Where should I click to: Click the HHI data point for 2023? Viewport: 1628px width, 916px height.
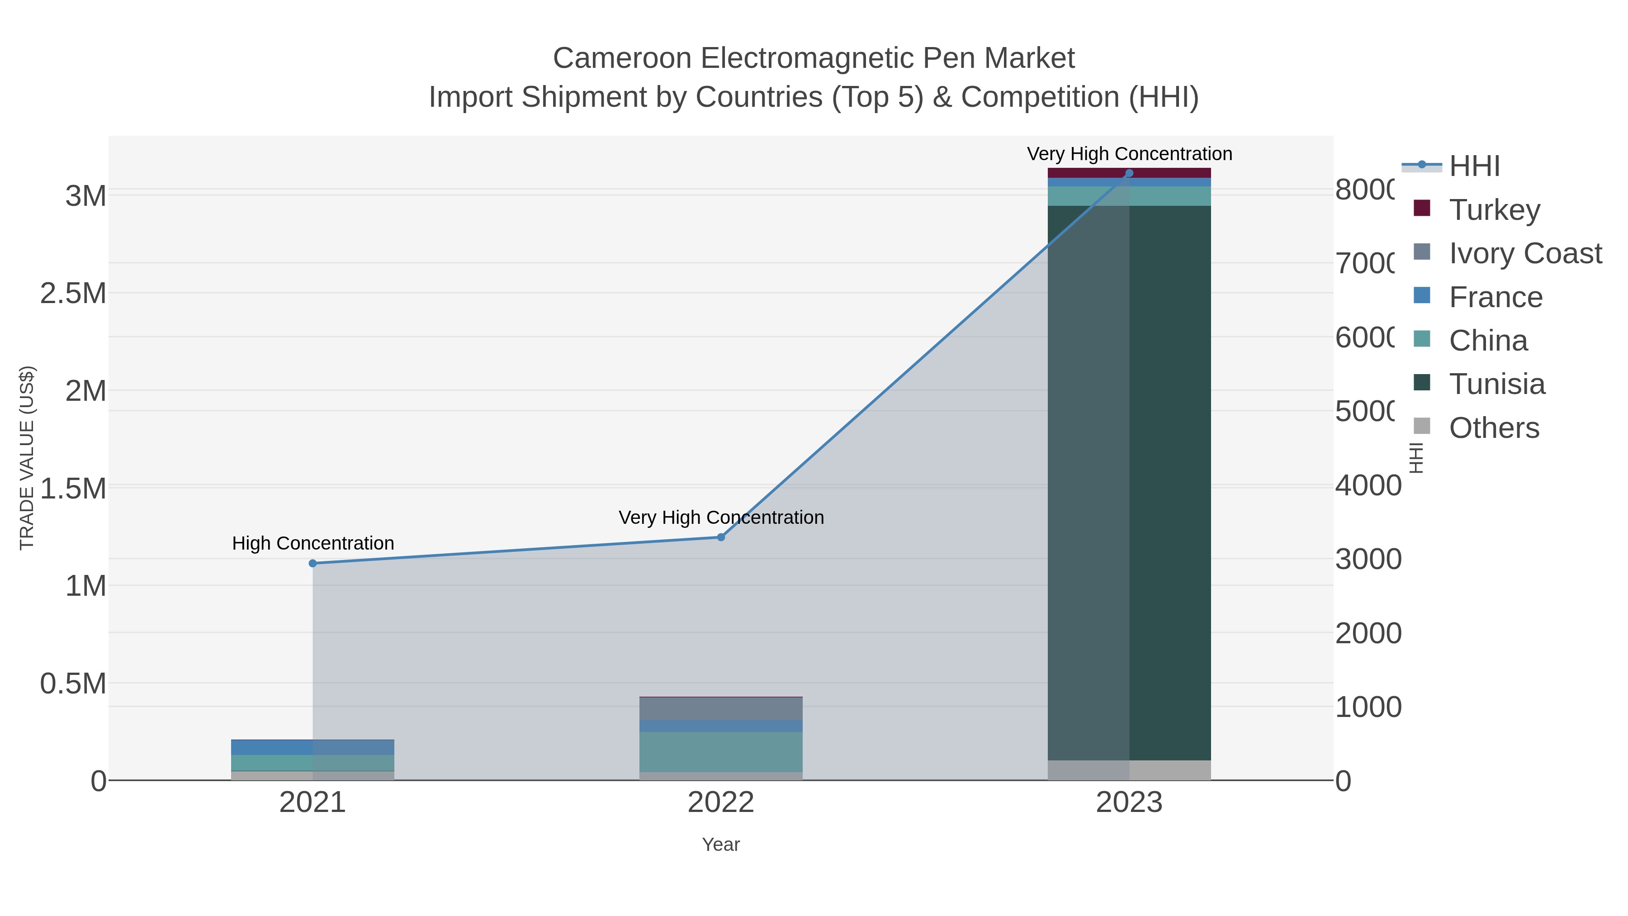[1129, 173]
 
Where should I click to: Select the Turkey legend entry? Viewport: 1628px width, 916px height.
[1494, 210]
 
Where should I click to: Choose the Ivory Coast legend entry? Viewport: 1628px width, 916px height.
[1524, 253]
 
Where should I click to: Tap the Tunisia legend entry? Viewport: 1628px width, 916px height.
[1496, 384]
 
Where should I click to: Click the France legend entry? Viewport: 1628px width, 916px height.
[1495, 297]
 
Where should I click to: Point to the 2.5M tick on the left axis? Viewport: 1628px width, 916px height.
[73, 293]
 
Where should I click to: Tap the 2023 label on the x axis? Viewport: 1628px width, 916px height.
[1129, 803]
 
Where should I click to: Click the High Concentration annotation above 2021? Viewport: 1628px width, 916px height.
[313, 544]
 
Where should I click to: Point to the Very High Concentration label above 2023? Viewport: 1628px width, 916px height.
[1129, 154]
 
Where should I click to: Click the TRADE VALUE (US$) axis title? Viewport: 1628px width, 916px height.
[27, 458]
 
